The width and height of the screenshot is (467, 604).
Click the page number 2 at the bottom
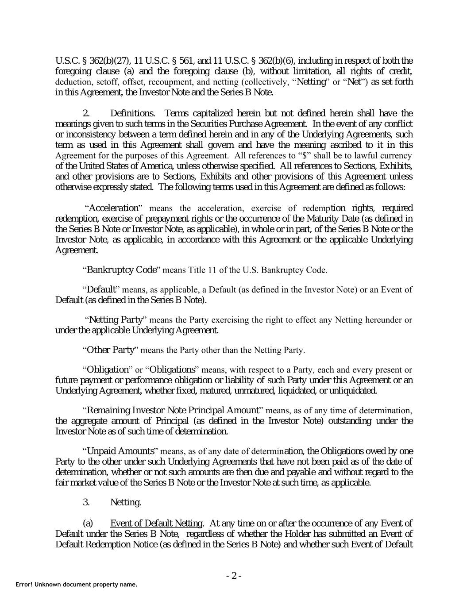234,576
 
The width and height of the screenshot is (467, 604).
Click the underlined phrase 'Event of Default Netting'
156,523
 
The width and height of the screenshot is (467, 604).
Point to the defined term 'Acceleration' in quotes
114,208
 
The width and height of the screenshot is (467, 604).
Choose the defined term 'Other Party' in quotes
110,350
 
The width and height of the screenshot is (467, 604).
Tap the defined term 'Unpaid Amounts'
120,451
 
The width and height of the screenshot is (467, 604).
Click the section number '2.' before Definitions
86,113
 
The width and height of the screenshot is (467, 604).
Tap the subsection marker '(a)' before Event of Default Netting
88,523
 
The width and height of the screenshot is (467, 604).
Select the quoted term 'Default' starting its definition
101,290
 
